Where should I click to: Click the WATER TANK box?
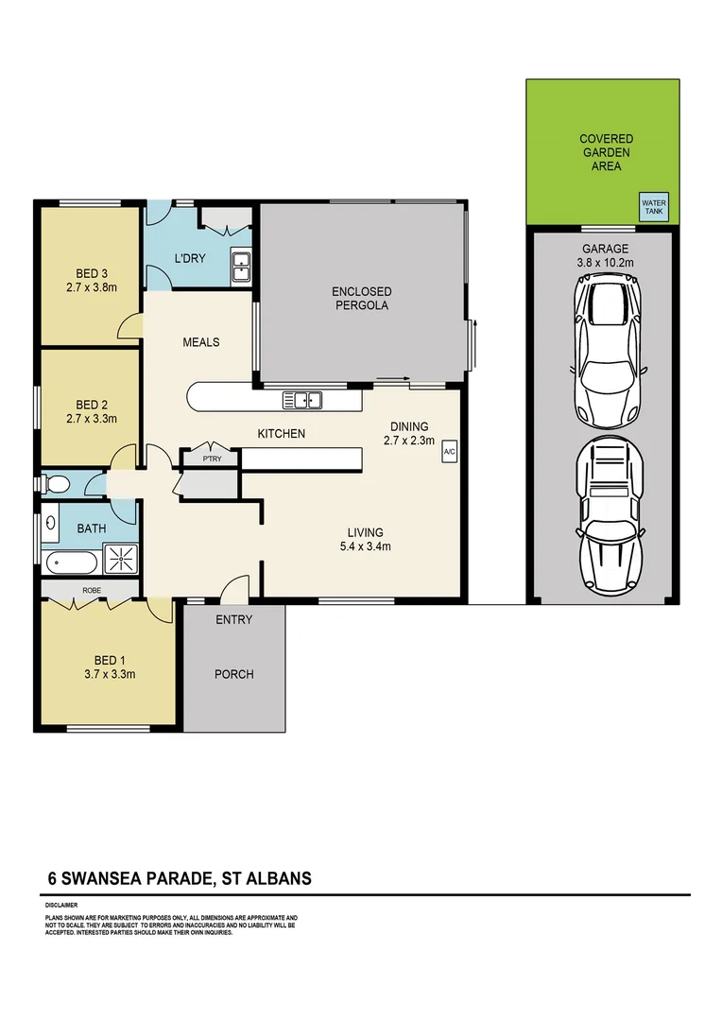[x=654, y=208]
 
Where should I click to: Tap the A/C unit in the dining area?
[x=449, y=452]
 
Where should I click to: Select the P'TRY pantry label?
[x=210, y=459]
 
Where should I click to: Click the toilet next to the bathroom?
[x=56, y=486]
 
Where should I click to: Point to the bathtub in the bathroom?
[x=71, y=563]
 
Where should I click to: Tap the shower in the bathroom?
[x=121, y=559]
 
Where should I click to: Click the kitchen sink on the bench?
[x=308, y=401]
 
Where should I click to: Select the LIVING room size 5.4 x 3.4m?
[x=364, y=546]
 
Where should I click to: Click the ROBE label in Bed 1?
[x=92, y=590]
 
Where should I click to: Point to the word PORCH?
[x=234, y=674]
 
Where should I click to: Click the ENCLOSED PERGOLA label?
[x=361, y=299]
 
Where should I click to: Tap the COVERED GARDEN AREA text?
[x=606, y=152]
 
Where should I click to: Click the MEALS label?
[x=200, y=342]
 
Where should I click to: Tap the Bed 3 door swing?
[x=127, y=326]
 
